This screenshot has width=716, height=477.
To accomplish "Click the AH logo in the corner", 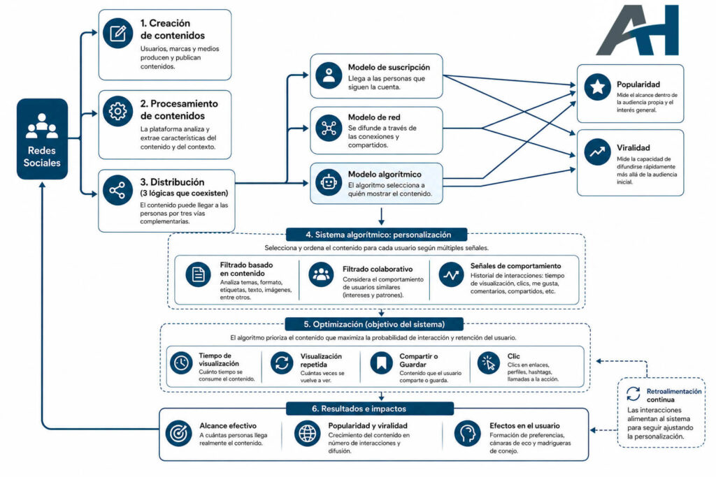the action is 638,30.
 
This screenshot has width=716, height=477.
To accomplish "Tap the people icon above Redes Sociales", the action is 42,126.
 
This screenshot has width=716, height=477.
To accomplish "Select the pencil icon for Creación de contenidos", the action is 117,34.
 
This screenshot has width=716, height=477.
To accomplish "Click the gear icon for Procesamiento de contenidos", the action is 117,111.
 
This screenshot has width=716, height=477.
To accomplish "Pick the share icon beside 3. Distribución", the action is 117,190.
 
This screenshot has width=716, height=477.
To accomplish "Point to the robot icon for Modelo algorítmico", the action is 329,182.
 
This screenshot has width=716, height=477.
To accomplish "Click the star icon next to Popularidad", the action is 597,87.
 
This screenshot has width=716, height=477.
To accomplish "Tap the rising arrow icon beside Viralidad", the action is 597,152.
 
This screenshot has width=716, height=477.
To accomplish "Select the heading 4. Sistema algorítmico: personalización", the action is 378,235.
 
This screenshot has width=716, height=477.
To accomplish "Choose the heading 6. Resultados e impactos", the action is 359,409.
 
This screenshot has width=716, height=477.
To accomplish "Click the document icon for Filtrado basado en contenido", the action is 198,274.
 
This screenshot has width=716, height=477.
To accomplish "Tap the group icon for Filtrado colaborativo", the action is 321,274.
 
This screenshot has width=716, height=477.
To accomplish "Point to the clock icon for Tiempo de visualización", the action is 181,363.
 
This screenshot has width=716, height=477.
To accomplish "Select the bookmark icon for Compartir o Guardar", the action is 381,363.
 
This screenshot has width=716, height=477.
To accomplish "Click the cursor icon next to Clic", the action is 489,363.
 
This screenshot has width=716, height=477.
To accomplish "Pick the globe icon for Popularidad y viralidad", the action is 308,433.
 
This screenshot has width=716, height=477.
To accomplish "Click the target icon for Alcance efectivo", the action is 178,433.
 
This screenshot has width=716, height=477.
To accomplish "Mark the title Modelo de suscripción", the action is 389,68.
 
